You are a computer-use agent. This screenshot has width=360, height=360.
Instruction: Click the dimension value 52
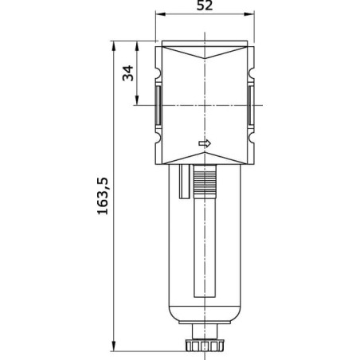pos(205,6)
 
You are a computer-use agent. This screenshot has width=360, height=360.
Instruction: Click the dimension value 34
pos(128,73)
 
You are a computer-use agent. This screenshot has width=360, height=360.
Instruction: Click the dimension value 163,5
pos(103,196)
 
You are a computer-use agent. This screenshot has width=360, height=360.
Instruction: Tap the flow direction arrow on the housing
pos(205,143)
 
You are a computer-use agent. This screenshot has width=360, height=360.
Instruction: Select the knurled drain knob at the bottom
pos(205,345)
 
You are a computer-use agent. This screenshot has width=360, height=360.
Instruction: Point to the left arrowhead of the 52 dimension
pos(160,14)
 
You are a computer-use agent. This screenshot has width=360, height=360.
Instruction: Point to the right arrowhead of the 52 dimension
pos(249,14)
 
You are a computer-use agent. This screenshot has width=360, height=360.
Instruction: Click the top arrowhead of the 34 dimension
pos(137,46)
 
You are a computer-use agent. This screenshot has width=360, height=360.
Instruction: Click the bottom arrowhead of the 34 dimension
pos(137,100)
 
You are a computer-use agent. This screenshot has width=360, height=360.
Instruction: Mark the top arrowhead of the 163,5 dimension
pos(114,46)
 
